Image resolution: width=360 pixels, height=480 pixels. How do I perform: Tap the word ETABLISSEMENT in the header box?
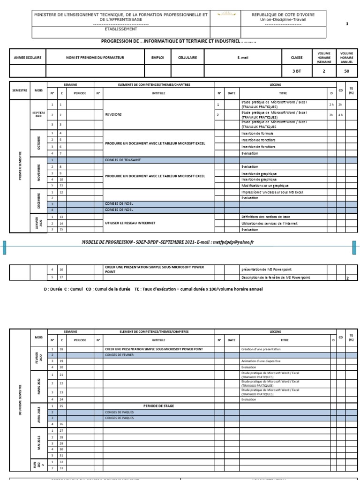(121, 29)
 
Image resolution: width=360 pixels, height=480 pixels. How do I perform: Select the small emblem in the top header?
(227, 15)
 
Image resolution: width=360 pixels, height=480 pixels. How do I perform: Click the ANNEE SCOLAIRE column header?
(28, 58)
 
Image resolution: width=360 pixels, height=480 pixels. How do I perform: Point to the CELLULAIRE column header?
(187, 58)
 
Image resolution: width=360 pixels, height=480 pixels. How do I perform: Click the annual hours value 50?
(347, 71)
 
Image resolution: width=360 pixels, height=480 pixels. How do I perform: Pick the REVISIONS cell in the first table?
(114, 114)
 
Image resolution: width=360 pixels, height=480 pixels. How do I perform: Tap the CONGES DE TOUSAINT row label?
(123, 160)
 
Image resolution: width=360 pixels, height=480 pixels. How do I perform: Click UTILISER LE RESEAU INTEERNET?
(130, 223)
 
